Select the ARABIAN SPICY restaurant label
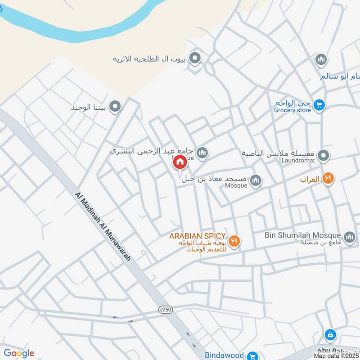tap(197, 236)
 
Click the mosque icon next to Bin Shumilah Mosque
tap(350, 236)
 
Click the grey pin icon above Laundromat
tap(323, 156)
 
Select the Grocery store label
tap(293, 110)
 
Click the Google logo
tap(18, 353)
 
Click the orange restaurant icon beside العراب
tap(327, 179)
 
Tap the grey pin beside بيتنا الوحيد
tap(115, 107)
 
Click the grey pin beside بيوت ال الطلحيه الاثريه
tap(195, 58)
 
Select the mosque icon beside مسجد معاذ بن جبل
tap(256, 180)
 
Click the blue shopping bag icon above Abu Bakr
tap(330, 335)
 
